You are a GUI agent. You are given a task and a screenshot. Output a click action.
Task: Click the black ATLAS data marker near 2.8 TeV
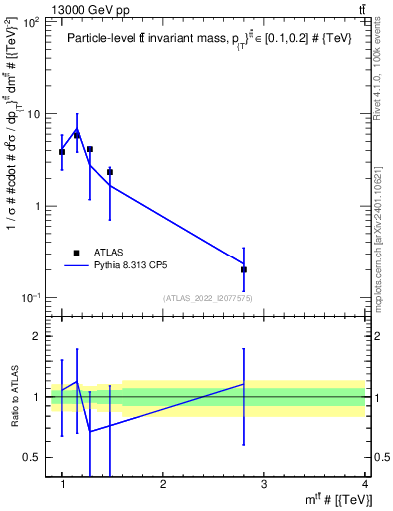click(244, 269)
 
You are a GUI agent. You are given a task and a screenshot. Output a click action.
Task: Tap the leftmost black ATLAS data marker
click(62, 152)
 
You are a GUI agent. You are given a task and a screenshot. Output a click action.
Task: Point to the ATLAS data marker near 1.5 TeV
click(110, 172)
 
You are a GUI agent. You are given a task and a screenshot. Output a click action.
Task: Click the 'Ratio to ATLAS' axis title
click(13, 397)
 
